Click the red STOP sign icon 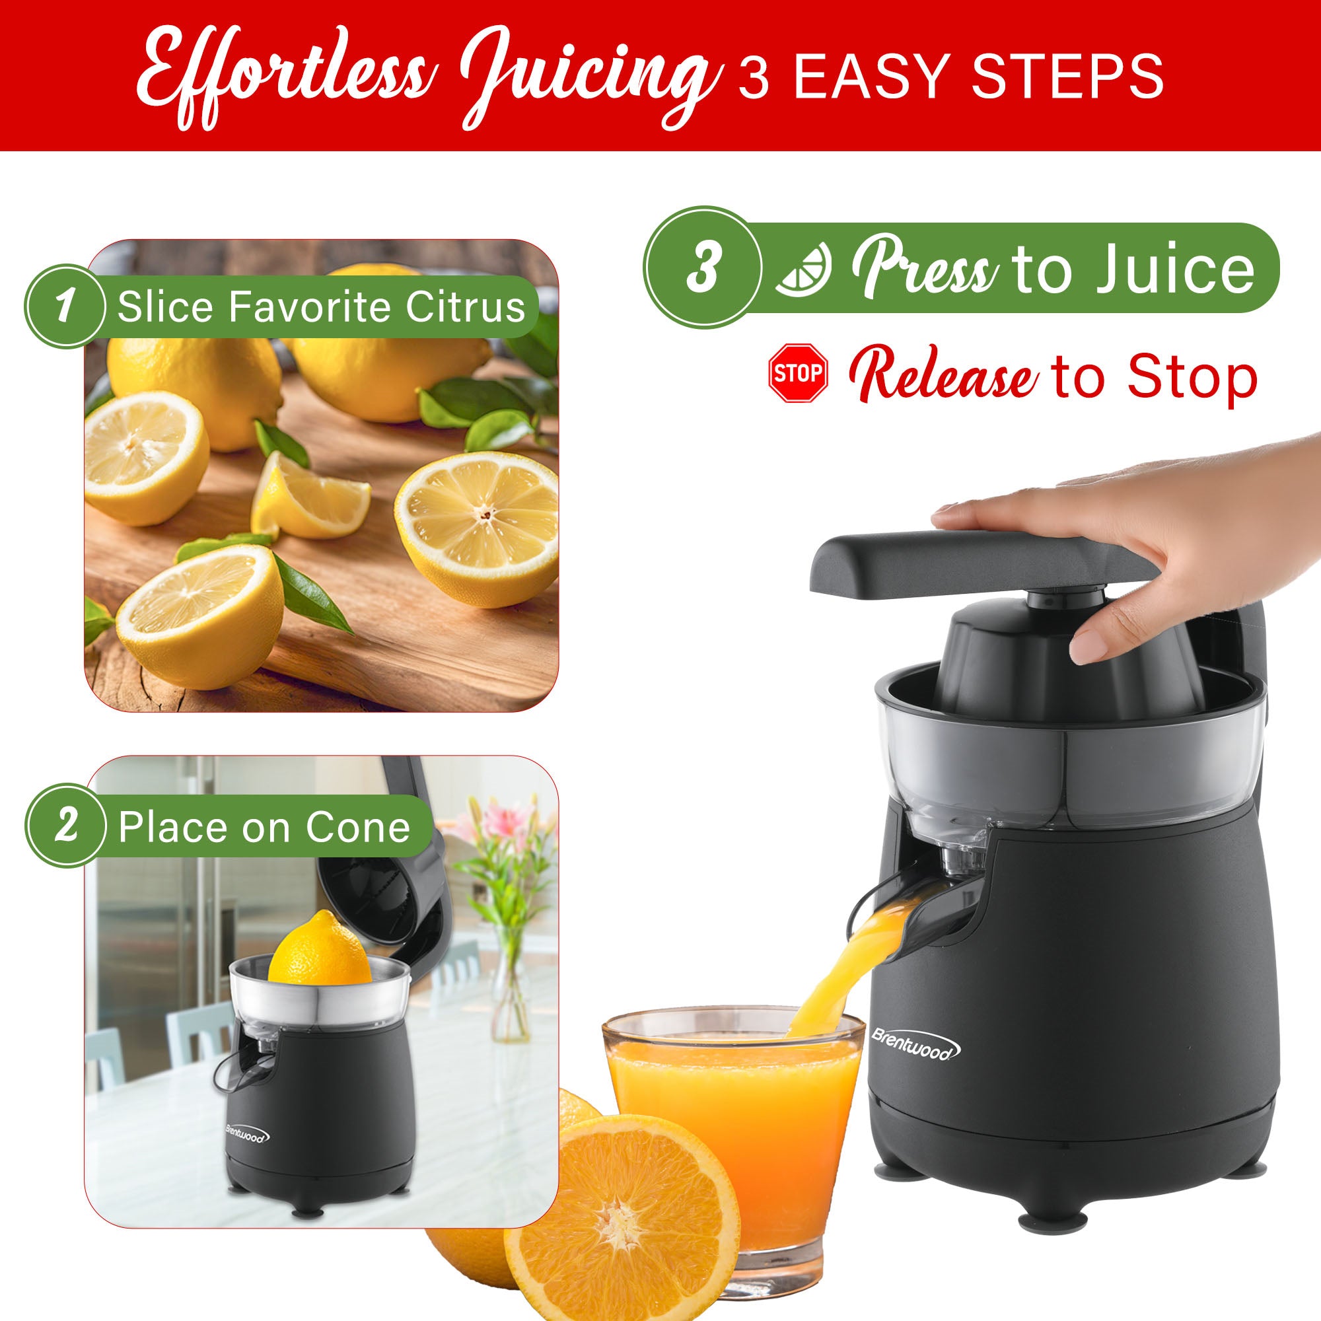798,373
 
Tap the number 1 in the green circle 65,306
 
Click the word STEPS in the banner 1067,78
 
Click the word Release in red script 943,376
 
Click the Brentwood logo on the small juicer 248,1135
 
